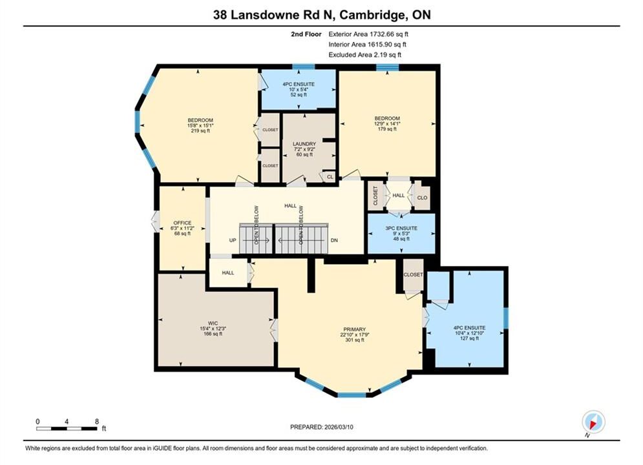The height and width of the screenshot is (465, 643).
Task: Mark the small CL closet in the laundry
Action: (x=330, y=177)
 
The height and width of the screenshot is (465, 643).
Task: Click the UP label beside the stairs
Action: (x=233, y=240)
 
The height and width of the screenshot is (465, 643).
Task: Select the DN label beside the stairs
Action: (x=334, y=240)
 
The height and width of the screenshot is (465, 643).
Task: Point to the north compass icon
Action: (x=593, y=422)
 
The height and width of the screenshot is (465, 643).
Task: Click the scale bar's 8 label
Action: (x=97, y=422)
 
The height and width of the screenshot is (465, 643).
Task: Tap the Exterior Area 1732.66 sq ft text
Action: (x=368, y=34)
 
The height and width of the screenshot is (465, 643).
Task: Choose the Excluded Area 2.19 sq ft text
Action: (x=365, y=54)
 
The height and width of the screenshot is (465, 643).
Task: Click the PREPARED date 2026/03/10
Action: (x=338, y=427)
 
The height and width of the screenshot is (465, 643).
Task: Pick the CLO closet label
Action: (x=422, y=198)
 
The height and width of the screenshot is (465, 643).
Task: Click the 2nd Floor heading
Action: (x=306, y=34)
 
